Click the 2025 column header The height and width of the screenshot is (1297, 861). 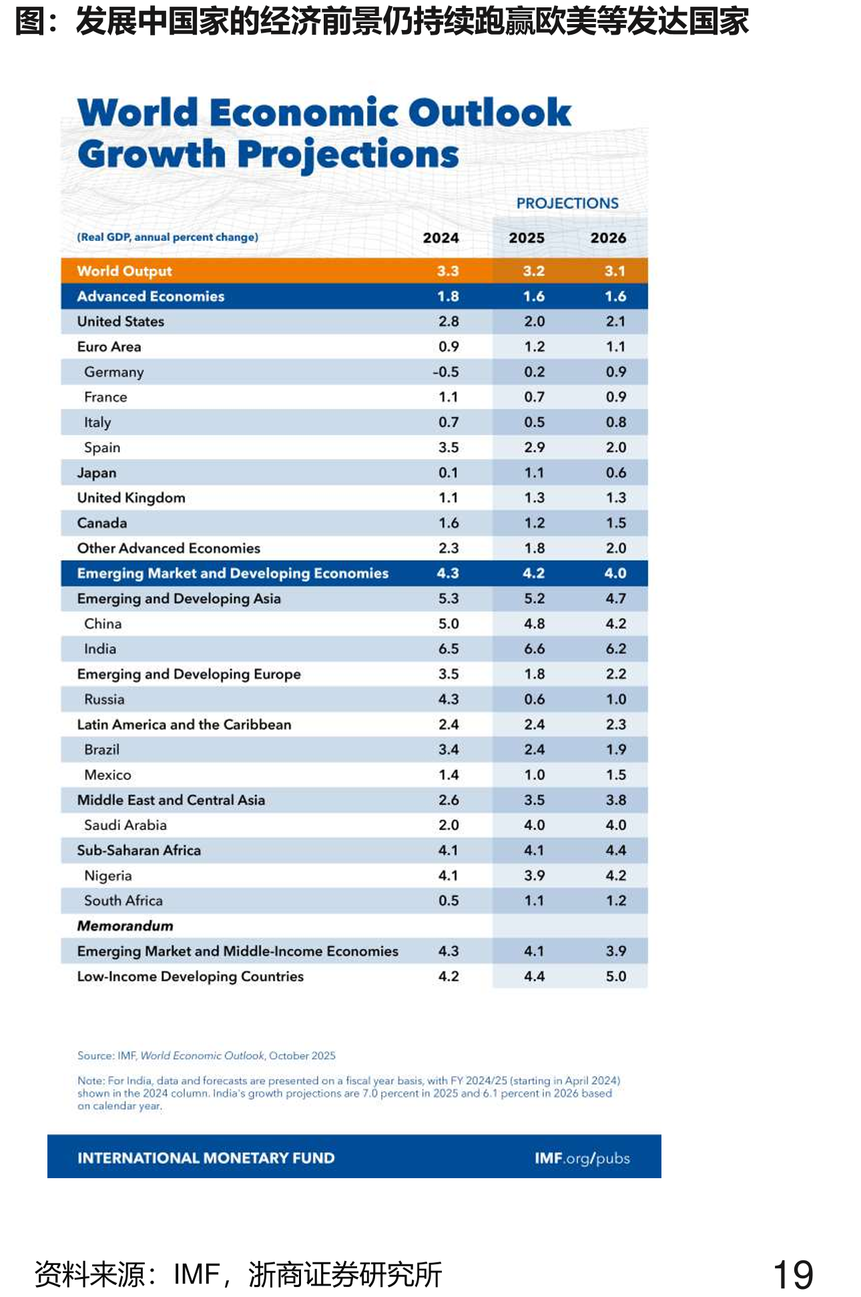(527, 238)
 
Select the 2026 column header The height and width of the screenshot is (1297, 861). (608, 238)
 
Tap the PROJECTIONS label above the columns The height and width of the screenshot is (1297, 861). (567, 203)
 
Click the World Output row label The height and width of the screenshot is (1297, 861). (124, 271)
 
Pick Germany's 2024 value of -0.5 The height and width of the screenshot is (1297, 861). (446, 372)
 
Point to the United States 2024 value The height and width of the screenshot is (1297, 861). (449, 321)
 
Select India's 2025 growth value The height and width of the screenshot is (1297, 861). (534, 649)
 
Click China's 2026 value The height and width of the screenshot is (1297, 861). (616, 623)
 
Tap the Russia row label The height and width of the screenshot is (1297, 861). (104, 699)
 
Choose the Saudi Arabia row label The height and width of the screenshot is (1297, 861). (125, 825)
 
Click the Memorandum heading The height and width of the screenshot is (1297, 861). (125, 926)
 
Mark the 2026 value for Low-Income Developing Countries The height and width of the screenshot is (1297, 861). (616, 976)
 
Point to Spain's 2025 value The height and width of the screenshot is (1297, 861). (534, 447)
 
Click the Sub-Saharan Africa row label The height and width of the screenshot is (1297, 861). (139, 850)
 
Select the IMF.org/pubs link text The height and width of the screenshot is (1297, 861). (582, 1158)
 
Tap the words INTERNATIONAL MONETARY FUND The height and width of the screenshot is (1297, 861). (206, 1158)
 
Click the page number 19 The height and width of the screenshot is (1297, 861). (793, 1275)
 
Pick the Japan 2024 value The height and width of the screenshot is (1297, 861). (449, 473)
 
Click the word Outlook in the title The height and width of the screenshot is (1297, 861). (490, 112)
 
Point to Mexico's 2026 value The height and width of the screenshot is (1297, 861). (616, 774)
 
